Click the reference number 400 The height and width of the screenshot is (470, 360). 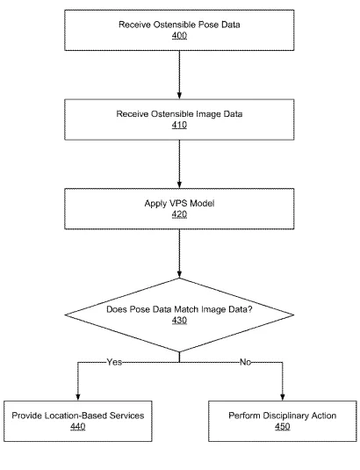[x=179, y=35]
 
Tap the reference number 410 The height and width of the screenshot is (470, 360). [x=179, y=125]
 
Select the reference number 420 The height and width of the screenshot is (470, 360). [x=179, y=214]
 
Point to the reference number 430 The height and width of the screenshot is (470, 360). [x=179, y=320]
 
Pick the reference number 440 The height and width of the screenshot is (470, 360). [x=78, y=426]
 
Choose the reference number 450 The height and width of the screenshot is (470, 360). [x=283, y=426]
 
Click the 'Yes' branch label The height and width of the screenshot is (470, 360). [x=114, y=362]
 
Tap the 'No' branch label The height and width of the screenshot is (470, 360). [x=245, y=362]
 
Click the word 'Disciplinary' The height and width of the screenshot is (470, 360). [x=285, y=416]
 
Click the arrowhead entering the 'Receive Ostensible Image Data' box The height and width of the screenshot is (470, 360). [x=179, y=96]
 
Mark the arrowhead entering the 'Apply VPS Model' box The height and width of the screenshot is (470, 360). [x=179, y=185]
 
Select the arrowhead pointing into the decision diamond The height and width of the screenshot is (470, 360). [x=179, y=274]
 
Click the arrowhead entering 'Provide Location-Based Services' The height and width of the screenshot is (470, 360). [x=78, y=397]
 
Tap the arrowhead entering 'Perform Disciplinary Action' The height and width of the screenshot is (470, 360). [x=283, y=397]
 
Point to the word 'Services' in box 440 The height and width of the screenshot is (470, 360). [x=126, y=416]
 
